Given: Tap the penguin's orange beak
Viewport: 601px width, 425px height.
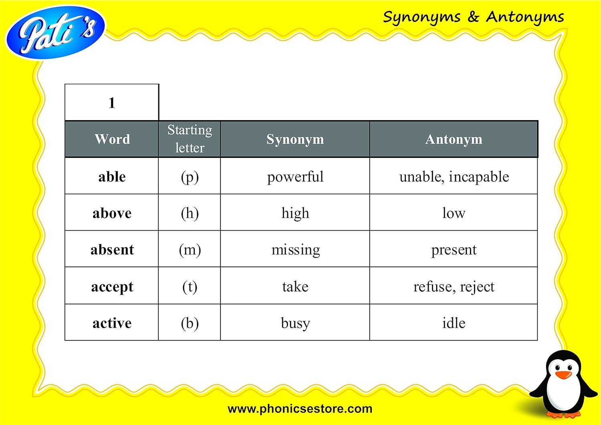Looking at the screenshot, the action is (x=563, y=375).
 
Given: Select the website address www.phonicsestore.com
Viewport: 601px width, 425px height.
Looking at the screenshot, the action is (x=300, y=409).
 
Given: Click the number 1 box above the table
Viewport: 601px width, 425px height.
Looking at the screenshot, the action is (x=112, y=102).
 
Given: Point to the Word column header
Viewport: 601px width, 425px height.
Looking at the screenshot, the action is (x=112, y=139).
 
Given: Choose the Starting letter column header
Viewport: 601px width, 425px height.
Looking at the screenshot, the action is (x=190, y=139).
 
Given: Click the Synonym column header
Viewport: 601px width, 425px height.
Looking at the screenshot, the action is (x=295, y=139).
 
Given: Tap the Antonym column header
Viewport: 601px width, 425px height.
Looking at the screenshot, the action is (x=454, y=139).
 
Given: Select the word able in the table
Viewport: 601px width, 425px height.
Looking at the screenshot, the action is (x=112, y=177).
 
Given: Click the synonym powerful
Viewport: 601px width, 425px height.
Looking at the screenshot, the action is (x=295, y=177).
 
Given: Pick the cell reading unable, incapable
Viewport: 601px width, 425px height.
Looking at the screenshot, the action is (x=454, y=177).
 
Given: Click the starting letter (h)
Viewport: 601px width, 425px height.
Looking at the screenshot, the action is (x=190, y=214).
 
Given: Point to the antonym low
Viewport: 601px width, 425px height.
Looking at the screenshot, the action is (x=454, y=214).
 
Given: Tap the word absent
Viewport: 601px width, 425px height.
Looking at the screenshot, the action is (x=112, y=250).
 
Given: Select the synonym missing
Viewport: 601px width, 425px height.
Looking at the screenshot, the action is (x=296, y=250).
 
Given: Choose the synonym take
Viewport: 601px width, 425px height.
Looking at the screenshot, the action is (x=295, y=286).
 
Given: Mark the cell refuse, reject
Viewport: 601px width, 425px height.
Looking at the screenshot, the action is (x=454, y=287).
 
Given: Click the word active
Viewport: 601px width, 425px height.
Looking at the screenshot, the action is (x=112, y=323).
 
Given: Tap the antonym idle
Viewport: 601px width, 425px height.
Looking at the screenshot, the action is (x=454, y=323).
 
